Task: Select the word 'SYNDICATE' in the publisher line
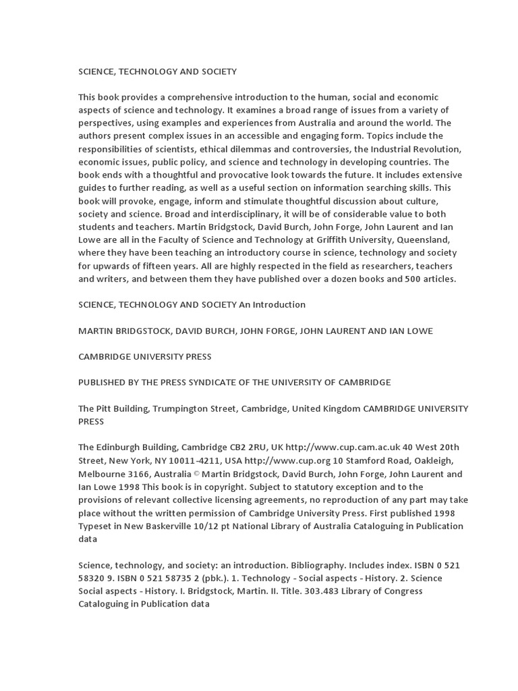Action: click(211, 382)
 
